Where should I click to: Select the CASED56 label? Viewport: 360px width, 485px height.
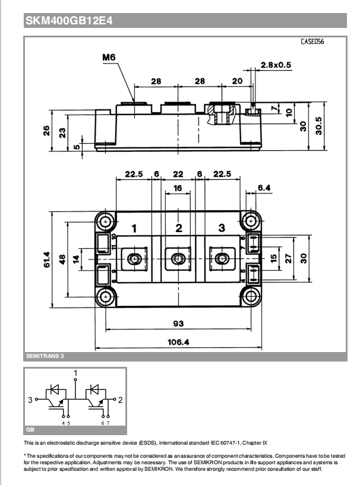click(312, 42)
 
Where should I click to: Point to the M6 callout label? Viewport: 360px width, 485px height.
click(108, 58)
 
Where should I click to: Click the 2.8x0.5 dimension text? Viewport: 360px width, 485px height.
click(276, 65)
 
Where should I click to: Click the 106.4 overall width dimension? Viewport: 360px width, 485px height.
click(179, 341)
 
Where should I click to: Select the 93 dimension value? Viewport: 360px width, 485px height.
click(178, 324)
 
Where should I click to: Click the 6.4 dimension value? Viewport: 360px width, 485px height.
click(264, 188)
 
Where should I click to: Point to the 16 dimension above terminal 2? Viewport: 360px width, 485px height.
click(178, 188)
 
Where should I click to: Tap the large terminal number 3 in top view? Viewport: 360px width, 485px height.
click(222, 228)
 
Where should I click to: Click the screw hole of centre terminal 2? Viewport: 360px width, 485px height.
click(178, 258)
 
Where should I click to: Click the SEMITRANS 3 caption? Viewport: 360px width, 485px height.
click(45, 356)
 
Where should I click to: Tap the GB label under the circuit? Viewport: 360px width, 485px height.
click(30, 429)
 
